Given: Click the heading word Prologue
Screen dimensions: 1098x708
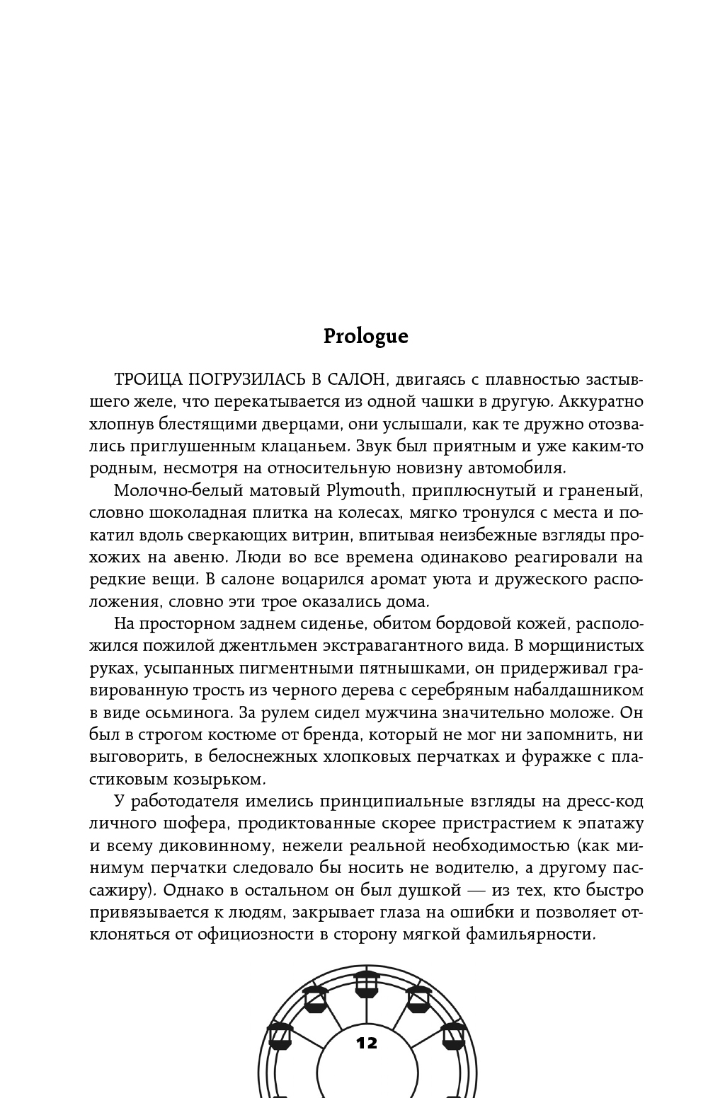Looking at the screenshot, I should (x=365, y=336).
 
